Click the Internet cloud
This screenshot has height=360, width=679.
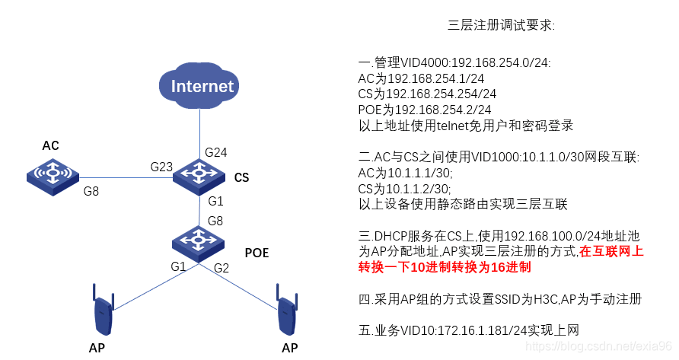[x=200, y=85]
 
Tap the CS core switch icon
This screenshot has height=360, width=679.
[x=199, y=175]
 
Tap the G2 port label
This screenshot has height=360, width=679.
[x=222, y=267]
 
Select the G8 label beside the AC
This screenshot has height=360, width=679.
[x=91, y=192]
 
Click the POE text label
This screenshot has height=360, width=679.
[x=257, y=253]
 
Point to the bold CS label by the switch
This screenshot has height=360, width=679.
[x=241, y=178]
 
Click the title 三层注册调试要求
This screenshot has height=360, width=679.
[x=502, y=26]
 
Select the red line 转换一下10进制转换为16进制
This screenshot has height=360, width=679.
[x=445, y=268]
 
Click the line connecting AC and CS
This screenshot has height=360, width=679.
[x=122, y=177]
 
